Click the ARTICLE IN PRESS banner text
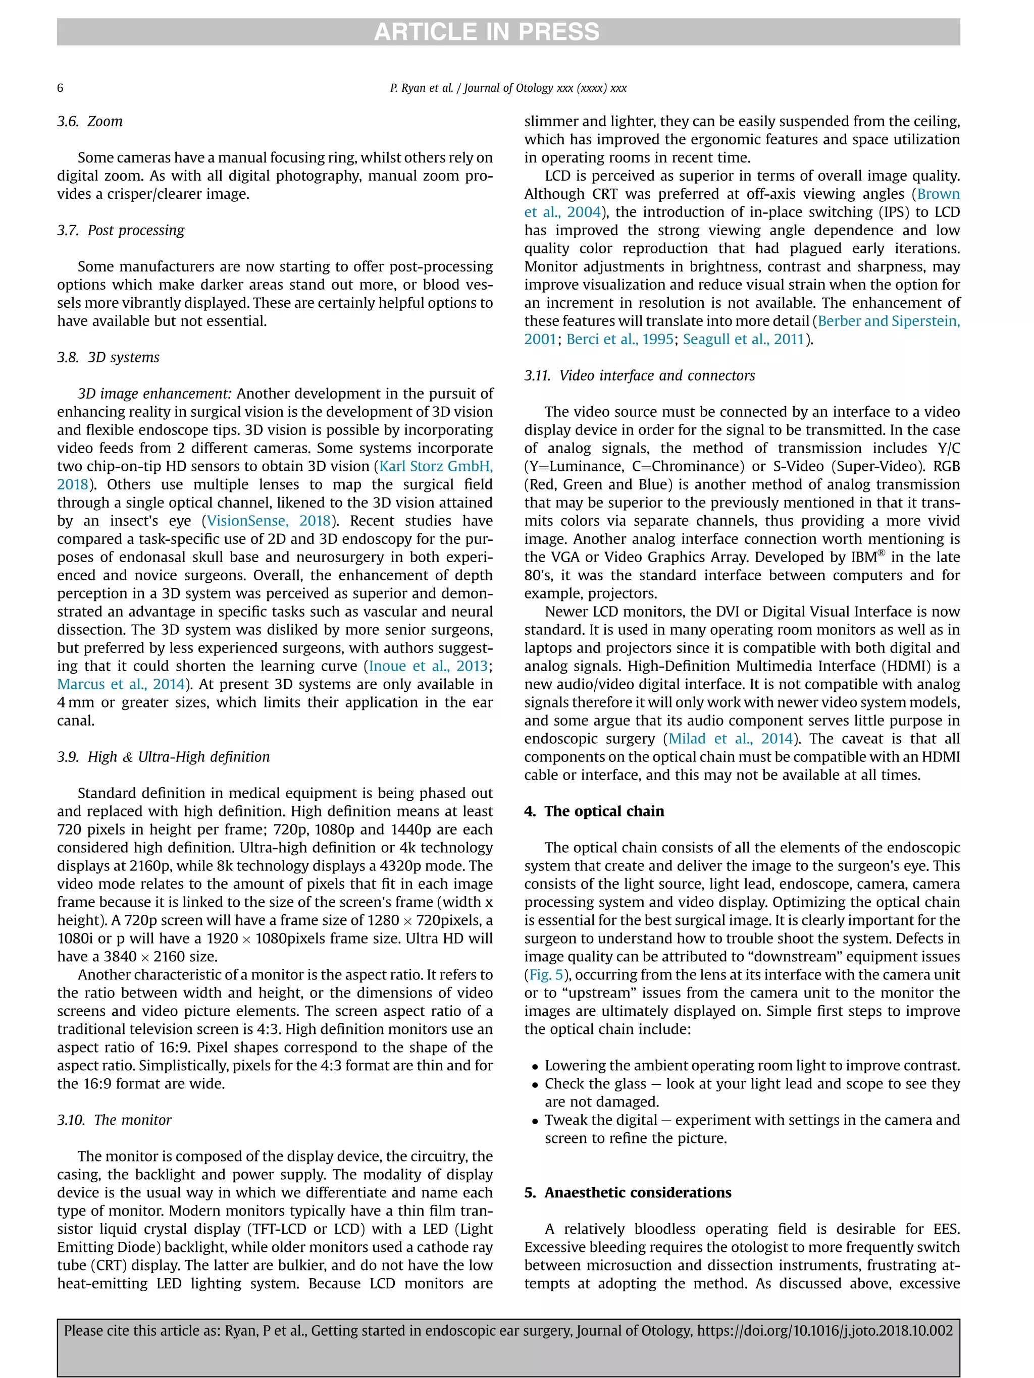point(486,32)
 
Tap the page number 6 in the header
point(61,88)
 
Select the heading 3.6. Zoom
point(90,122)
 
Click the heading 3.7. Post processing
point(121,231)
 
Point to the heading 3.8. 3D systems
point(109,358)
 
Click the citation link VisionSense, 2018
point(269,521)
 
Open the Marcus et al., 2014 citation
point(121,684)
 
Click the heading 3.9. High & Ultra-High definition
point(163,757)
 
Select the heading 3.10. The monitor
point(114,1120)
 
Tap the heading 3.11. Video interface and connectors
point(640,375)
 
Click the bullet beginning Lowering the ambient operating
point(752,1066)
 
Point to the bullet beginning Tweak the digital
point(752,1120)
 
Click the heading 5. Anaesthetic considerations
point(628,1192)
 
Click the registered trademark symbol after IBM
point(882,553)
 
